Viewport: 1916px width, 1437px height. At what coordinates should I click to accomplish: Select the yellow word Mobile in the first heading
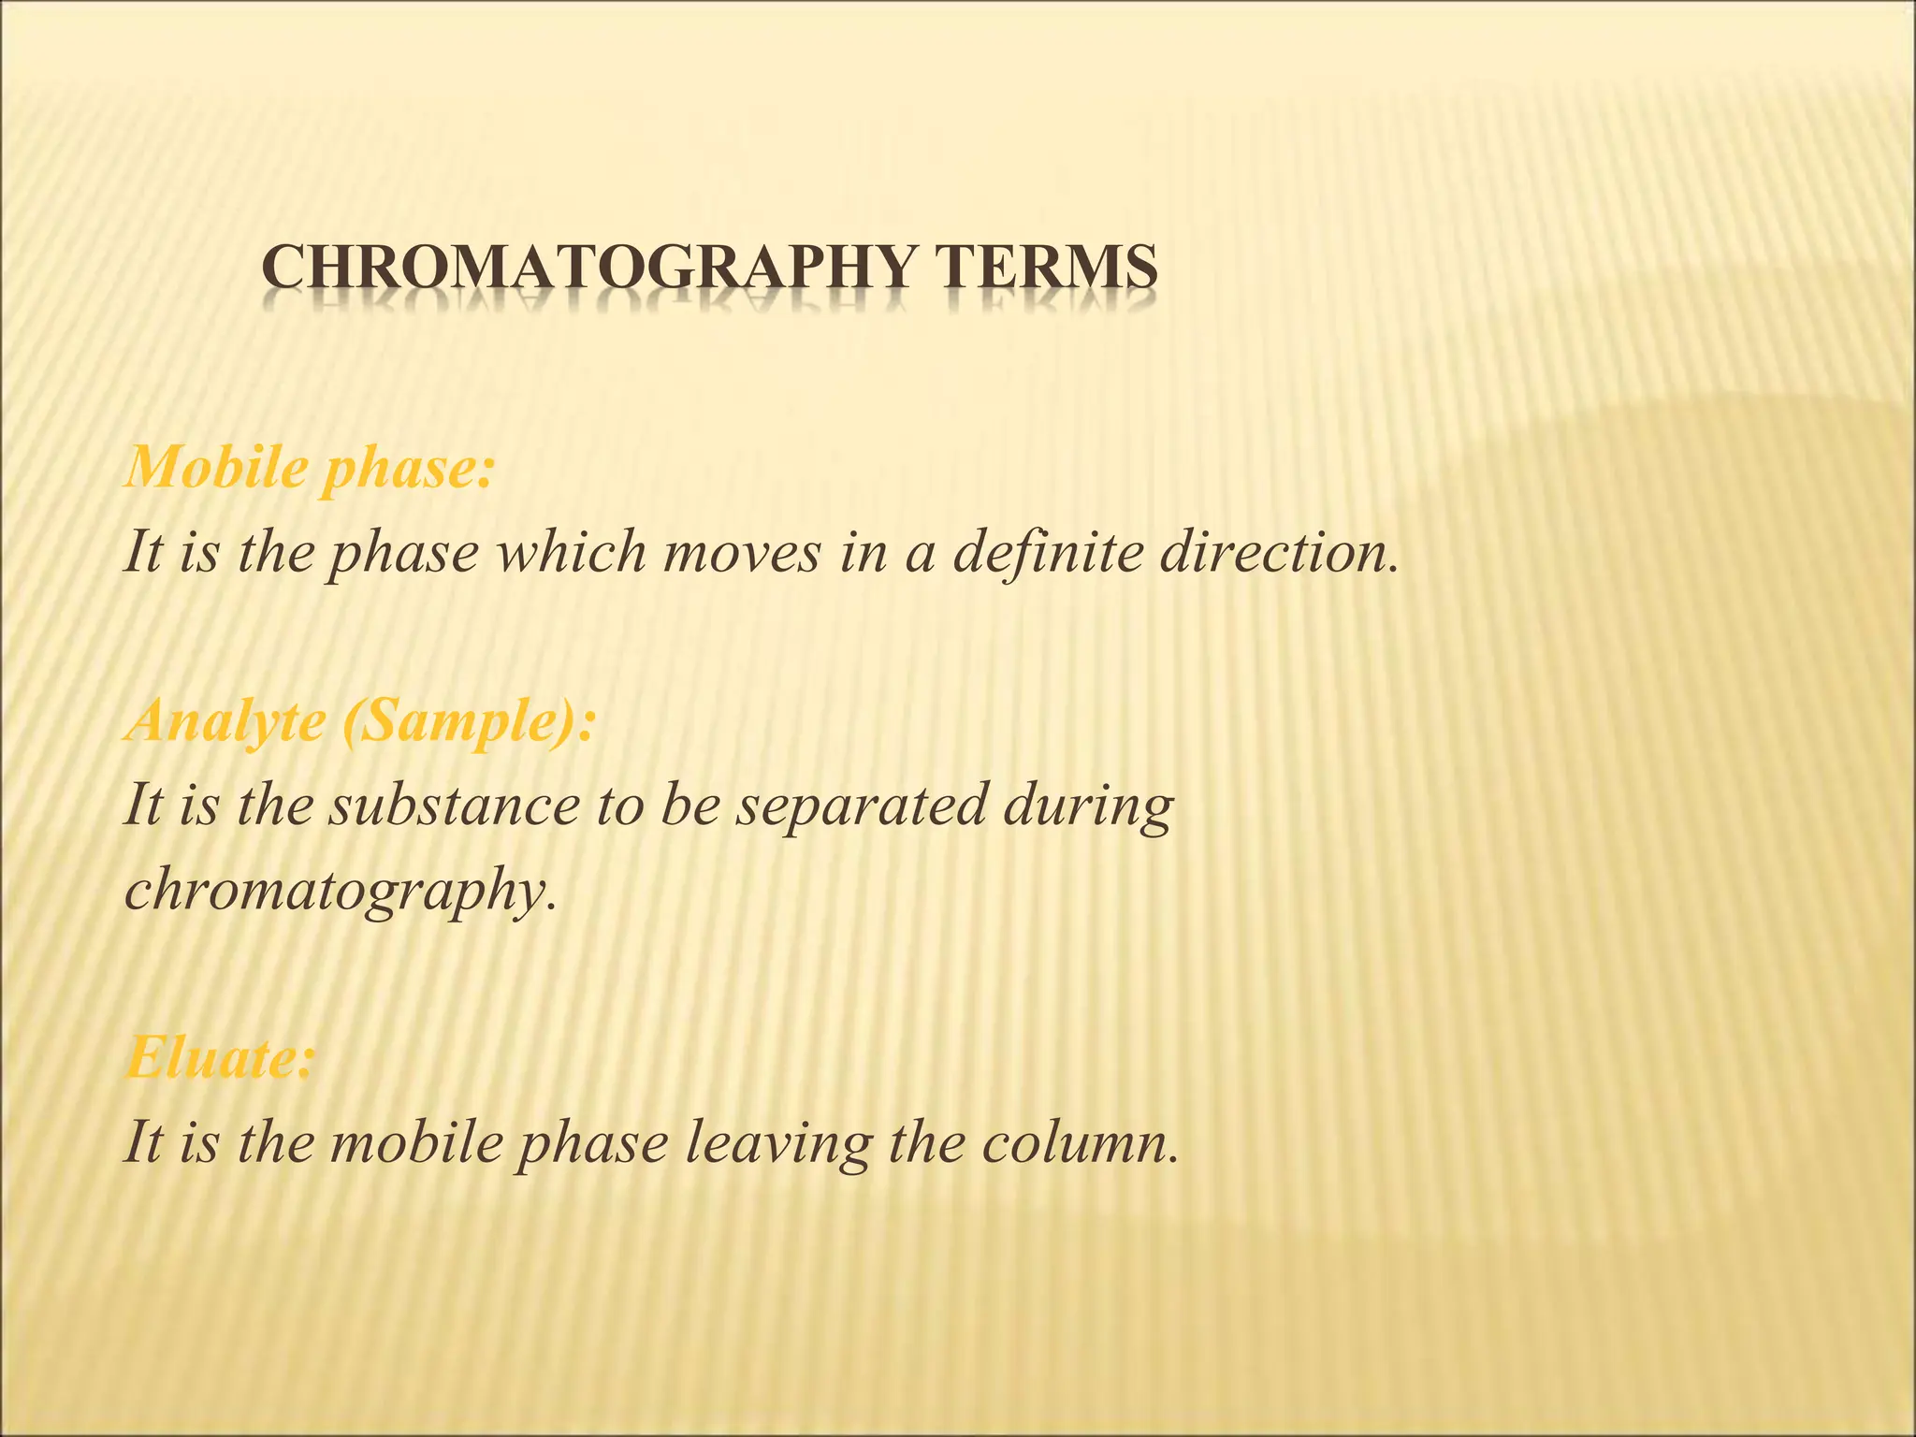215,468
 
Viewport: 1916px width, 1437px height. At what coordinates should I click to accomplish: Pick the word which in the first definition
570,552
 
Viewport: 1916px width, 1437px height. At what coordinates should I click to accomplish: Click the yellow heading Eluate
220,1059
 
